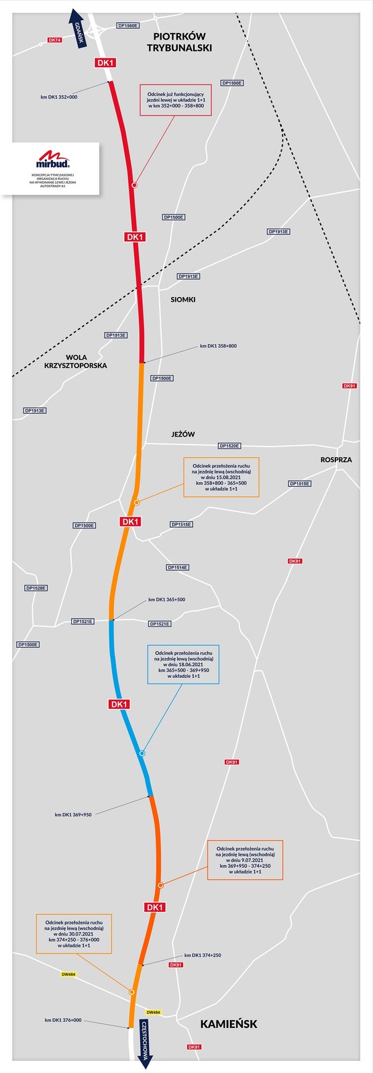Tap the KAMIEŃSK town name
(228, 1024)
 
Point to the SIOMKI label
(182, 299)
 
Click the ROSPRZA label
(335, 460)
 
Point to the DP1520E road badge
(229, 445)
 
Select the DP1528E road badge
(36, 588)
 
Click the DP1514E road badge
(178, 567)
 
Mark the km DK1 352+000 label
(59, 97)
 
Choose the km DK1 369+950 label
(73, 815)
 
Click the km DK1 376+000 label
(63, 1020)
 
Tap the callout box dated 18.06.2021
(183, 665)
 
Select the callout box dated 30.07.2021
(64, 933)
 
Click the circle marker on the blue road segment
(142, 754)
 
